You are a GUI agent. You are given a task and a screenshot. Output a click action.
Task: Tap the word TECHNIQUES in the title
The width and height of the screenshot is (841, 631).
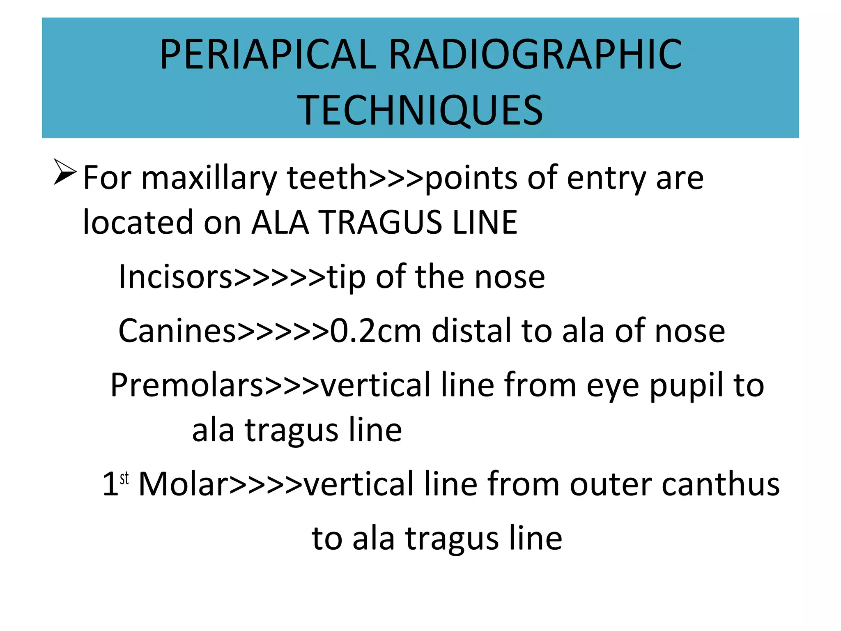[420, 110]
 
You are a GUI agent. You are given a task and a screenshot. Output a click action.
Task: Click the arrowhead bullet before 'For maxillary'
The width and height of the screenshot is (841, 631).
[65, 173]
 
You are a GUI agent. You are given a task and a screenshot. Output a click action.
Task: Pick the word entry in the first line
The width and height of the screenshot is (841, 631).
[606, 179]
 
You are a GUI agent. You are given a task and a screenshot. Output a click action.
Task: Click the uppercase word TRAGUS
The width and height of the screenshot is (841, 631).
[381, 222]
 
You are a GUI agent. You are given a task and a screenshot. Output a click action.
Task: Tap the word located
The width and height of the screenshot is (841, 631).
[138, 222]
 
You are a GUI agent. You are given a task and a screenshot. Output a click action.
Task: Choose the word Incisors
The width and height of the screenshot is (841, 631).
[176, 277]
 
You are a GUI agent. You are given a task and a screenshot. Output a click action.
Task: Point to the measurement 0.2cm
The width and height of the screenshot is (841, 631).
[376, 331]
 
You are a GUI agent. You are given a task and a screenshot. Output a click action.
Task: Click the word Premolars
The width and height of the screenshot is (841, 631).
[187, 385]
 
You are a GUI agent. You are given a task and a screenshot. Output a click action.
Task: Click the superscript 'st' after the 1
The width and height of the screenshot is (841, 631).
[124, 479]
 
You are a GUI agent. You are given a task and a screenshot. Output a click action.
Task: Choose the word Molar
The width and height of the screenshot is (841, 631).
[183, 484]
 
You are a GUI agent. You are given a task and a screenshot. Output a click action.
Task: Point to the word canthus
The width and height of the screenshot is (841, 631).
[721, 484]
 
